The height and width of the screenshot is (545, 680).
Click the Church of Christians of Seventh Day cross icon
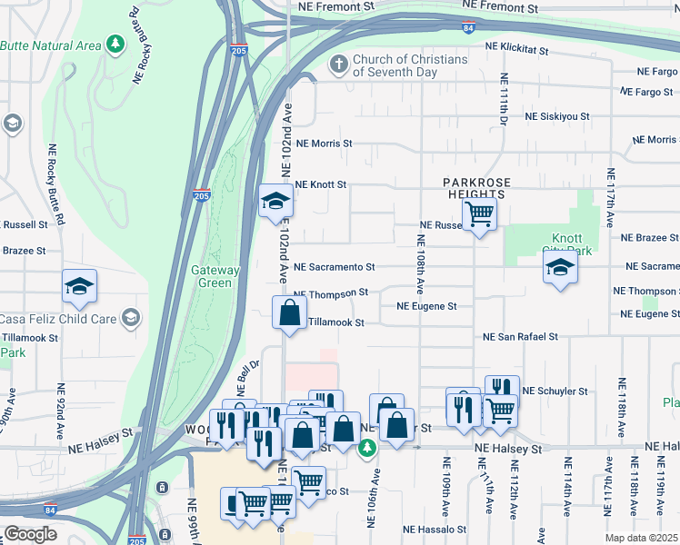coord(338,65)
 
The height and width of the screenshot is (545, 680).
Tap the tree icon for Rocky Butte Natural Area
coord(115,44)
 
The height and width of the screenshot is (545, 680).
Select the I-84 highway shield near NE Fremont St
coord(468,29)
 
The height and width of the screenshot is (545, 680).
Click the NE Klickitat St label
coord(516,45)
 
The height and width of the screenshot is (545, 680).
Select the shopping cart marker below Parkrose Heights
coord(479,215)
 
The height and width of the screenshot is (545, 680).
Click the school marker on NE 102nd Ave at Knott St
coord(274,203)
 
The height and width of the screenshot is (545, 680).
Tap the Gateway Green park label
coord(215,276)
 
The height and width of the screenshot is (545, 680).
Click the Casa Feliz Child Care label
coord(58,319)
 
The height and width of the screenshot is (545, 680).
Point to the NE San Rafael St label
coord(520,337)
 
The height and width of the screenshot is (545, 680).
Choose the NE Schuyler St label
coord(555,391)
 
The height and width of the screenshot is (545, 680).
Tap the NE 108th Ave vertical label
coord(421,264)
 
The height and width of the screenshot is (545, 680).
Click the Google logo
coord(30,534)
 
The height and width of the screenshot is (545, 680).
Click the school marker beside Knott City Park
coord(560,268)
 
